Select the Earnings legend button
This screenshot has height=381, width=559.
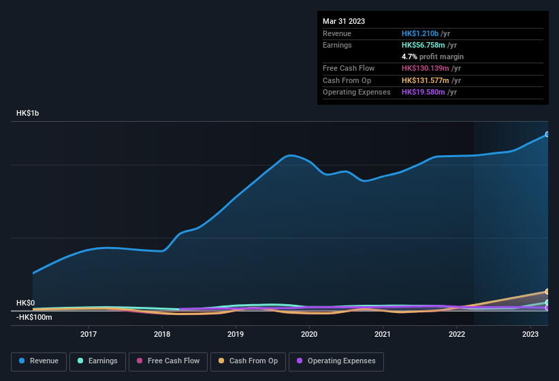pos(97,361)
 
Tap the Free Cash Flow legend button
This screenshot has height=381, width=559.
pos(168,361)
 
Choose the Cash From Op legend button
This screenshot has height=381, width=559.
pos(249,361)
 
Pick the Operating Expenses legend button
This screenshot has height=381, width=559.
pos(336,361)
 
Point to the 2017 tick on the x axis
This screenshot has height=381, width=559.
pos(88,334)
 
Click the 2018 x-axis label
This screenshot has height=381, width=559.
pos(162,334)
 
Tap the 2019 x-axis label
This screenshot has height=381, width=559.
pos(236,334)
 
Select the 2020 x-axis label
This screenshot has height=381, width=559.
pos(309,334)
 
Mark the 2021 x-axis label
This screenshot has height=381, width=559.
pos(383,334)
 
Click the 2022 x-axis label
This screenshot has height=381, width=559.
pos(457,334)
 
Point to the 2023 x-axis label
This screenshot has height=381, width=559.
pos(530,334)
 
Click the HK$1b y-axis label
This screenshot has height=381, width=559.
pos(28,113)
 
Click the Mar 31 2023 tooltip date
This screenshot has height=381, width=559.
pos(344,21)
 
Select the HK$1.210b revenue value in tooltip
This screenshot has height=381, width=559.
pos(420,33)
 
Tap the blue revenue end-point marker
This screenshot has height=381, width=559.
pos(547,135)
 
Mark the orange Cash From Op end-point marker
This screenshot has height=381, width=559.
pos(547,291)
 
